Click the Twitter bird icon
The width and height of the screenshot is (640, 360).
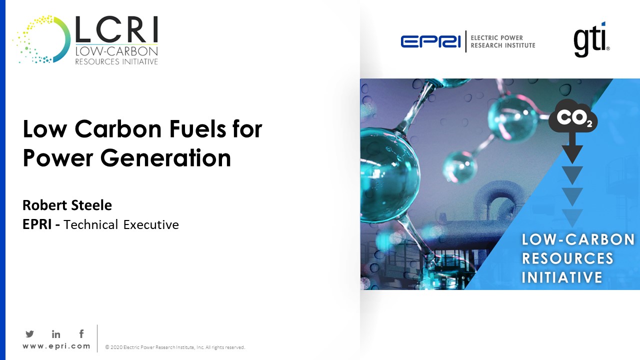click(29, 334)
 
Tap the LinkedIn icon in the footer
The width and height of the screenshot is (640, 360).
click(56, 334)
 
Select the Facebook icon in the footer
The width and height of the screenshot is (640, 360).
click(81, 333)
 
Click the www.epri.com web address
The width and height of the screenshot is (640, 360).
click(56, 346)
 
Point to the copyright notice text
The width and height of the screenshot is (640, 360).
click(175, 347)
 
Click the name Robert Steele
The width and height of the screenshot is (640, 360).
click(67, 205)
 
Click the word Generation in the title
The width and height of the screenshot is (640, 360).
click(164, 158)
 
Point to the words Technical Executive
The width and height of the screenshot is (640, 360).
click(121, 224)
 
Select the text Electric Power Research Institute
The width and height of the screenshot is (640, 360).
click(503, 41)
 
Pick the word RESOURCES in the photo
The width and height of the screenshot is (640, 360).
click(567, 258)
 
